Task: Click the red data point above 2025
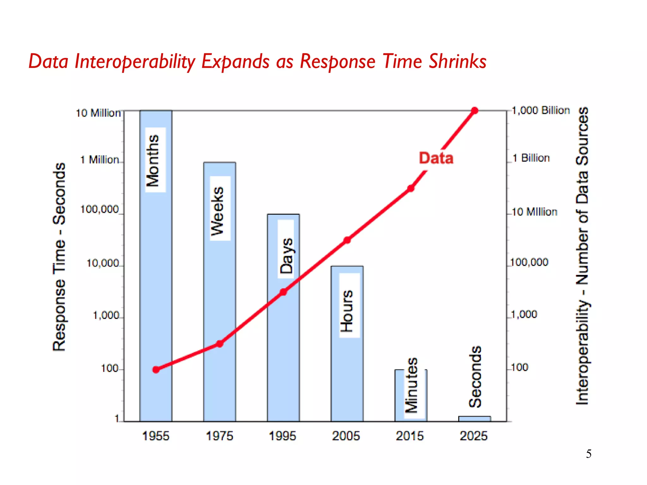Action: [x=475, y=111]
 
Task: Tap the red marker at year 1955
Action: [x=156, y=369]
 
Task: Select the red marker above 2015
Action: [x=411, y=189]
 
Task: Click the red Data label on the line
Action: [x=436, y=158]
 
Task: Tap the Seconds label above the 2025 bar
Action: [x=475, y=376]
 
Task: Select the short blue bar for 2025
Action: [x=475, y=419]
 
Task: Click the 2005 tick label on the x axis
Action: [x=346, y=436]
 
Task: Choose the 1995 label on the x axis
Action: [x=282, y=436]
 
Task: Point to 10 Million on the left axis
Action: [x=98, y=113]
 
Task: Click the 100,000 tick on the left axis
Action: [x=100, y=209]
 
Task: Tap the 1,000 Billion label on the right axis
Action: [x=541, y=111]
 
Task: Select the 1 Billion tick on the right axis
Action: [x=531, y=158]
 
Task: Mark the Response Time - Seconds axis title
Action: [x=59, y=257]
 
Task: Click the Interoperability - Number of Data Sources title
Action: [x=582, y=256]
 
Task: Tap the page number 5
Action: [x=589, y=454]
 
